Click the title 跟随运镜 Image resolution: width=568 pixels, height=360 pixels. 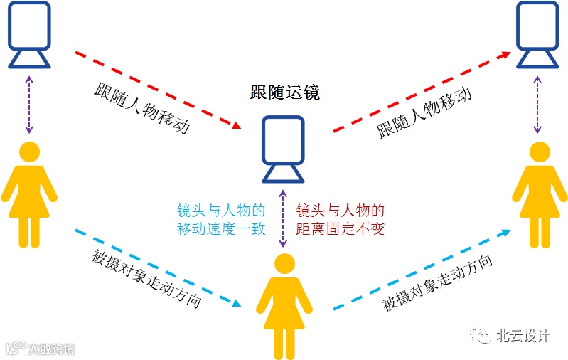pyautogui.click(x=284, y=92)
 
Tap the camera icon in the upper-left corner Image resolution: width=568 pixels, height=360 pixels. pyautogui.click(x=29, y=33)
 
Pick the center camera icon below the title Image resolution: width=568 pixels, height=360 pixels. pyautogui.click(x=284, y=149)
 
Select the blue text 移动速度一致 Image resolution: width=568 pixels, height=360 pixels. pyautogui.click(x=221, y=229)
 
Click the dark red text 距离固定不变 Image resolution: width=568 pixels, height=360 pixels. pyautogui.click(x=340, y=229)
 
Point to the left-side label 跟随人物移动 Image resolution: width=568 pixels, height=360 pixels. pyautogui.click(x=142, y=111)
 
